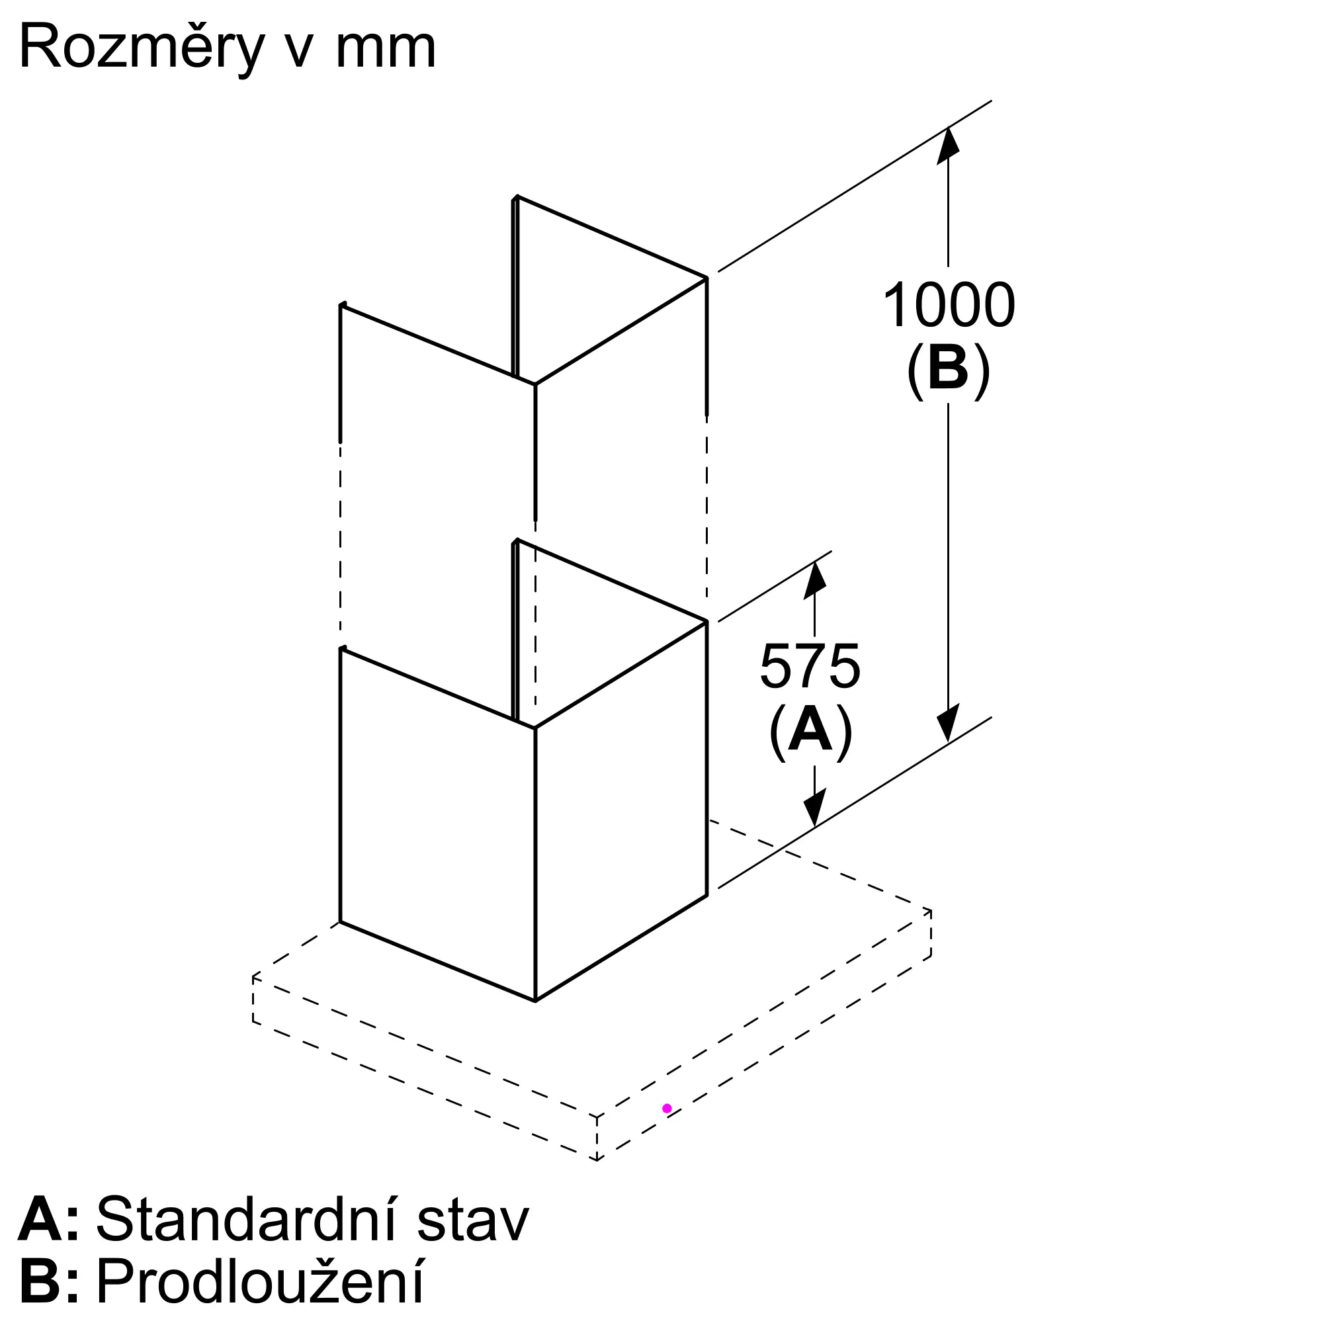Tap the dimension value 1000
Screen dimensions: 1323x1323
point(949,306)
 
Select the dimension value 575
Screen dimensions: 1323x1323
point(810,666)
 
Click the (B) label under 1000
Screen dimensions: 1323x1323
point(949,370)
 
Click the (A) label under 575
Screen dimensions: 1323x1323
point(811,732)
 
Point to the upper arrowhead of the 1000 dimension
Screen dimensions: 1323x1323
point(949,144)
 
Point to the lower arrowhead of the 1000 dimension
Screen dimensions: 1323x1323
point(949,724)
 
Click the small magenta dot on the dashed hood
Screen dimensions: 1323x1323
point(667,1108)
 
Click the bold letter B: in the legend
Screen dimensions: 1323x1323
point(48,1282)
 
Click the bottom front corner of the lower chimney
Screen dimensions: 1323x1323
point(534,1000)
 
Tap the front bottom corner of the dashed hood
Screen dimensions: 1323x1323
point(597,1160)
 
